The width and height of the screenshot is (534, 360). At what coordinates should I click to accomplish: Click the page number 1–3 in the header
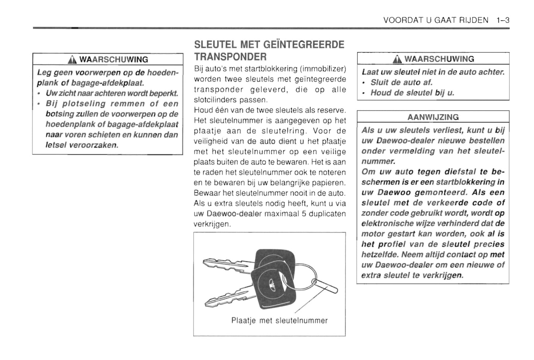point(503,20)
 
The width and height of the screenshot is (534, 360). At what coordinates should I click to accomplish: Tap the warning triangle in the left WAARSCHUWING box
point(72,60)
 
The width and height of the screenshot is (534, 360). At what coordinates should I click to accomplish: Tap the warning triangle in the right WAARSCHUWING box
point(397,59)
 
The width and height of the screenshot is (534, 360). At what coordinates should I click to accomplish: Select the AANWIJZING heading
point(433,117)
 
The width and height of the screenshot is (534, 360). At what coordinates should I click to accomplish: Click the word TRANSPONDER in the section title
point(230,57)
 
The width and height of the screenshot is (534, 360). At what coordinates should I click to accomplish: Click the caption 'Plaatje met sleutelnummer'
point(279,320)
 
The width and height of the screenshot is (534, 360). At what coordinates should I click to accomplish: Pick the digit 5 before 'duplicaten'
point(304,214)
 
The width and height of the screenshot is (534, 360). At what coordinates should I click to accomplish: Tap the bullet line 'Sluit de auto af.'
point(401,82)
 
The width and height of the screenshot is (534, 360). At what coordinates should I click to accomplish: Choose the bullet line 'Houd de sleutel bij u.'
point(412,93)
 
